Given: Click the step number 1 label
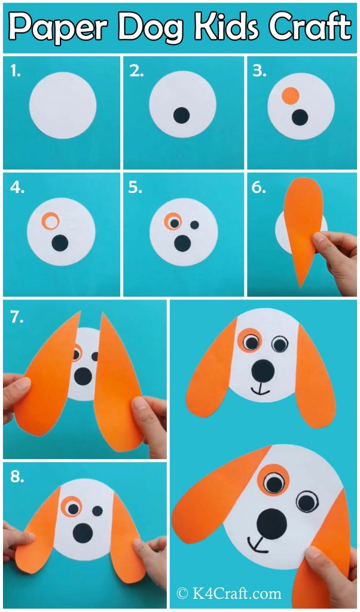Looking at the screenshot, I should [x=16, y=72].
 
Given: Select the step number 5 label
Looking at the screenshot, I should [x=135, y=188].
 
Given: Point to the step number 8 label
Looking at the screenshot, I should [x=17, y=476].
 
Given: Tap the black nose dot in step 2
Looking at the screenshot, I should [x=181, y=115].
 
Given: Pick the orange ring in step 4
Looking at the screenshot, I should [x=50, y=222].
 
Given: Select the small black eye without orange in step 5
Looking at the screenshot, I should [x=194, y=225].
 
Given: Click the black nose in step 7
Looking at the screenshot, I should [x=83, y=375].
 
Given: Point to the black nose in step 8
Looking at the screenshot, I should [x=81, y=530].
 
